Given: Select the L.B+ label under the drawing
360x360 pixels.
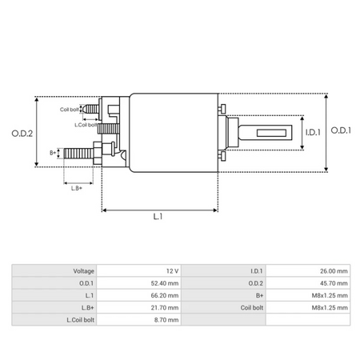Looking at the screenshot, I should [77, 187].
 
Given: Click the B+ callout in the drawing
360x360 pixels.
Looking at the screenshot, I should [53, 151].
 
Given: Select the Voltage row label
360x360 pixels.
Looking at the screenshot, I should [83, 271].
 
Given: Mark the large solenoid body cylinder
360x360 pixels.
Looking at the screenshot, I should [172, 132].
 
